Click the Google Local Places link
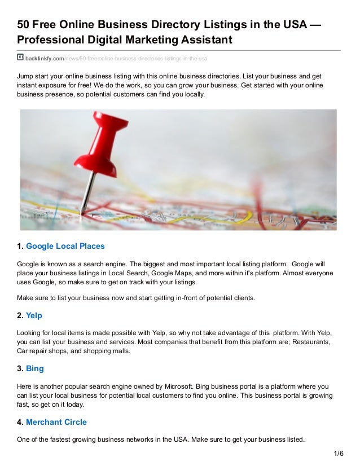65,246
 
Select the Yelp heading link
34,315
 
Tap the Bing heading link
35,368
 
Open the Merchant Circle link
56,421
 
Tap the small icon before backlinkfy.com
20,58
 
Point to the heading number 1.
20,246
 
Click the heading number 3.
20,368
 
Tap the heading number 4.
20,421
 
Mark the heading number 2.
20,315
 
